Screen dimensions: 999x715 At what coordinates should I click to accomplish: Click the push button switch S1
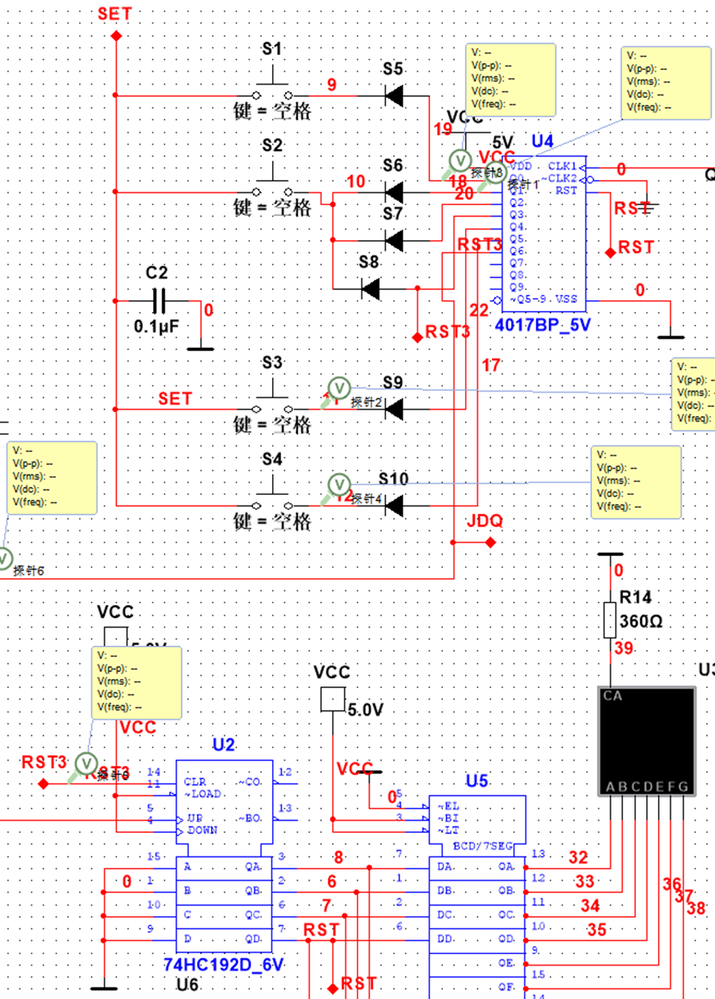pos(272,90)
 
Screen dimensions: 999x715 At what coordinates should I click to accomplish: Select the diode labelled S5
pos(394,96)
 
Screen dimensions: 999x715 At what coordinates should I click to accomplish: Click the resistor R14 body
pos(610,620)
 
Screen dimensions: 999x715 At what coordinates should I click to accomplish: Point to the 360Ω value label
pos(641,621)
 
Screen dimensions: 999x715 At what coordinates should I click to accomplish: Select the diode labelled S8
pos(371,288)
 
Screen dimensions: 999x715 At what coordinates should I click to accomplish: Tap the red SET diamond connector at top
pos(116,36)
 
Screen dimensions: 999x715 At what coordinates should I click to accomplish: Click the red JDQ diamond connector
pos(490,541)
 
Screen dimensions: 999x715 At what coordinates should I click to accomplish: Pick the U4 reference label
pos(542,142)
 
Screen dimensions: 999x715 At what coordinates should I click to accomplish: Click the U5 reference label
pos(476,781)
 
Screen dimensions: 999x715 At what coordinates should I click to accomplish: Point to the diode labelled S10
pos(394,506)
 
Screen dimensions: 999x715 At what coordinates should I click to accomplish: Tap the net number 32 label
pos(577,857)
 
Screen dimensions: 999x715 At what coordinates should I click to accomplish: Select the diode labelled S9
pos(394,409)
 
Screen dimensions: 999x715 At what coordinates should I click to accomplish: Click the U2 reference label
pos(224,744)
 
